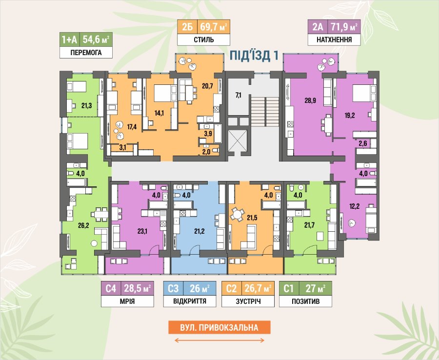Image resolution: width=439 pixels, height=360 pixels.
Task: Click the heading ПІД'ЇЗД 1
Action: pos(254,56)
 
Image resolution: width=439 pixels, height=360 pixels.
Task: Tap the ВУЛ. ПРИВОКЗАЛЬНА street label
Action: pos(219,327)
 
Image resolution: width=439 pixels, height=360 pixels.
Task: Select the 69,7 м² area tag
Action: pos(214,27)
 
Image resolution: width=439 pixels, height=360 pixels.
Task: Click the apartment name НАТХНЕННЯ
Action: pos(334,40)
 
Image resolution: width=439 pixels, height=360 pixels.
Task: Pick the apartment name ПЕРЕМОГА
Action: pos(86,52)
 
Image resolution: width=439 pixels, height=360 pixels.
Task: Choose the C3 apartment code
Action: pos(173,288)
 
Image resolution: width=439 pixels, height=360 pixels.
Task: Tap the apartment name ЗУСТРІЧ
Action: pos(248,301)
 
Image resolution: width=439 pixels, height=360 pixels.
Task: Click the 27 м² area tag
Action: pos(316,288)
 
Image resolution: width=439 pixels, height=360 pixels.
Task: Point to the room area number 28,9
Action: pos(310,100)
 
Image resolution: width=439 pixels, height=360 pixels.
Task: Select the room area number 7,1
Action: pos(238,95)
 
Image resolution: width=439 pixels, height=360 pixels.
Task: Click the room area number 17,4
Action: pos(132,127)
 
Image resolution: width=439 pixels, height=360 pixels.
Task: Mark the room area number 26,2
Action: pos(83,225)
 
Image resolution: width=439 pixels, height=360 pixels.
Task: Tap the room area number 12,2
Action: pos(355,206)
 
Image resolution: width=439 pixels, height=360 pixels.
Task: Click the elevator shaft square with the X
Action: pos(238,141)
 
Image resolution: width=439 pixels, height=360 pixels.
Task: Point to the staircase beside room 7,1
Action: pos(265,112)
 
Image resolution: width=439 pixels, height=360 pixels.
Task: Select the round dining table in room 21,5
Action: pos(237,215)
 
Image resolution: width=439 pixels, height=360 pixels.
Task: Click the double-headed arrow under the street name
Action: pos(219,340)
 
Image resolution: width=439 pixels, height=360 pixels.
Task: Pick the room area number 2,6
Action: pos(363,143)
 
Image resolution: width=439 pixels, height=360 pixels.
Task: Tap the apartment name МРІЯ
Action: pos(127,301)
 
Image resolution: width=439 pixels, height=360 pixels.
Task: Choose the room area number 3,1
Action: pos(122,147)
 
